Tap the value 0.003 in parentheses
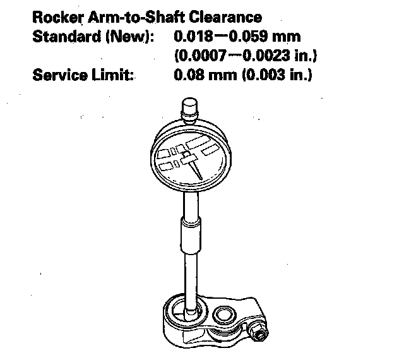[x=259, y=77]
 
